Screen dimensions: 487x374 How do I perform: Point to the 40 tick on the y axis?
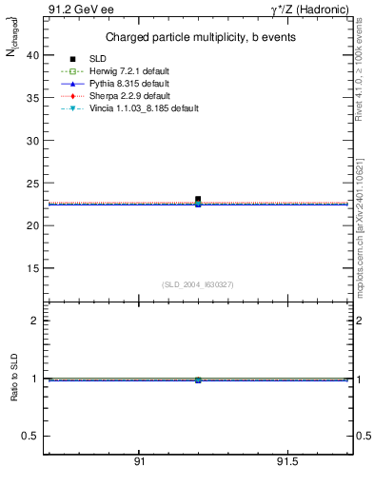pyautogui.click(x=32, y=55)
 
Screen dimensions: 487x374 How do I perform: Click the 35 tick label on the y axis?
pyautogui.click(x=32, y=98)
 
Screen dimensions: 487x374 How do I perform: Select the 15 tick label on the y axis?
pyautogui.click(x=32, y=268)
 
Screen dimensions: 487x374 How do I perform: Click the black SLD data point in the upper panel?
pyautogui.click(x=198, y=200)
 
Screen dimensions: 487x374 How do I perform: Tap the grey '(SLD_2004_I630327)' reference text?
pyautogui.click(x=198, y=284)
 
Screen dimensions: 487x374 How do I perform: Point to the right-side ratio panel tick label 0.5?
pyautogui.click(x=362, y=436)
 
